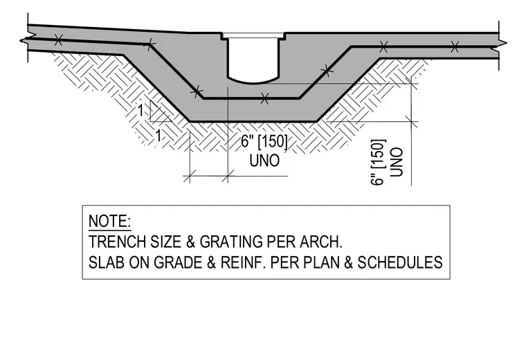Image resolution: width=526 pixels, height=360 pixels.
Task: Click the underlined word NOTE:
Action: coord(109,221)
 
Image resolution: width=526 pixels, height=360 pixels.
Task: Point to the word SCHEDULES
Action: coord(400,262)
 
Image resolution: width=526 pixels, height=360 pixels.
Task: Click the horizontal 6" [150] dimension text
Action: coord(264,142)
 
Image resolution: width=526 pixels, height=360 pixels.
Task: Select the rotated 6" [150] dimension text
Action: coord(378,163)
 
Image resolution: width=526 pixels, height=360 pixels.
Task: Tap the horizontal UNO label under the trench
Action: coord(264,161)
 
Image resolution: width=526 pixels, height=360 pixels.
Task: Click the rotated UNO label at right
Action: coord(396,162)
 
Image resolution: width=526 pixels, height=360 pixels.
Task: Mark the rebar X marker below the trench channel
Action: coord(264,98)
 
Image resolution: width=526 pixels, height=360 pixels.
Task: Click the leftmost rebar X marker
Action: coord(58,40)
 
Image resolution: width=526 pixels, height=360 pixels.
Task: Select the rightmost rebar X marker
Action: coord(455,46)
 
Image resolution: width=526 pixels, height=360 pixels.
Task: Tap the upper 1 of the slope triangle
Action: coord(141,110)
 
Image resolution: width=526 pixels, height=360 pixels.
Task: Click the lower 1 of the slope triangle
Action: coord(158,136)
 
